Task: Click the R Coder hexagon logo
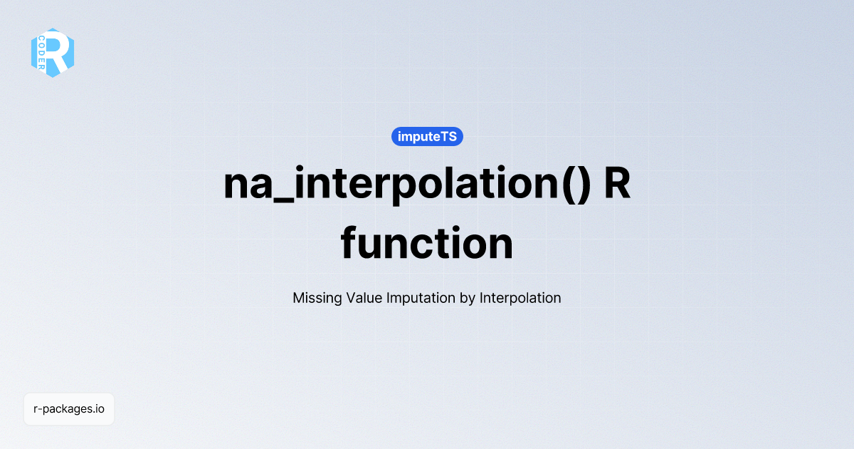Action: click(x=53, y=53)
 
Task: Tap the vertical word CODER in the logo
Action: click(x=41, y=53)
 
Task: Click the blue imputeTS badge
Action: click(x=427, y=136)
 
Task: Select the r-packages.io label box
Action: click(x=69, y=409)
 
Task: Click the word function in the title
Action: click(x=427, y=242)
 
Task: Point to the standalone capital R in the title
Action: click(x=618, y=184)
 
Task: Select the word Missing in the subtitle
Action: click(x=317, y=298)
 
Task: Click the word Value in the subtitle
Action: click(x=364, y=298)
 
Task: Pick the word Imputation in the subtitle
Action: click(x=421, y=298)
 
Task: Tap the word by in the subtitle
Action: click(x=468, y=299)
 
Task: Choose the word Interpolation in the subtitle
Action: click(x=520, y=298)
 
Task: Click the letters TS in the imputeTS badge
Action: click(x=448, y=136)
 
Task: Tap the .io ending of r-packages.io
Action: click(x=98, y=409)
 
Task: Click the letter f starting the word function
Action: click(x=349, y=242)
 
